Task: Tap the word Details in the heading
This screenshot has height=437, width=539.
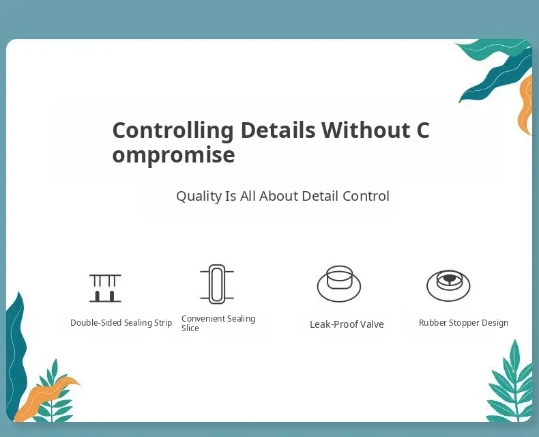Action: pyautogui.click(x=278, y=130)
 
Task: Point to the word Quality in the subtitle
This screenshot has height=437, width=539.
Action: pyautogui.click(x=199, y=197)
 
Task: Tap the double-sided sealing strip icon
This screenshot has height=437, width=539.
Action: pyautogui.click(x=105, y=288)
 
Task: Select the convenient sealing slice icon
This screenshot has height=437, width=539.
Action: pyautogui.click(x=217, y=284)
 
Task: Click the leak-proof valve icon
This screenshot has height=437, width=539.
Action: pyautogui.click(x=339, y=283)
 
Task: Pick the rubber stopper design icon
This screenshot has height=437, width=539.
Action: pyautogui.click(x=448, y=285)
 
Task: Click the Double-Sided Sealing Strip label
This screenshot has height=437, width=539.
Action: pyautogui.click(x=121, y=323)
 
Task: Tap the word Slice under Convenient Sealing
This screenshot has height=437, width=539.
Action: pyautogui.click(x=190, y=328)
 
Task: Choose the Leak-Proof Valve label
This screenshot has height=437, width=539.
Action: pyautogui.click(x=347, y=324)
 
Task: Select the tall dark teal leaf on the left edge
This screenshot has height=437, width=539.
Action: pyautogui.click(x=16, y=354)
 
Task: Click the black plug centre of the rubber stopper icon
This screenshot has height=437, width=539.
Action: pyautogui.click(x=448, y=279)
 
